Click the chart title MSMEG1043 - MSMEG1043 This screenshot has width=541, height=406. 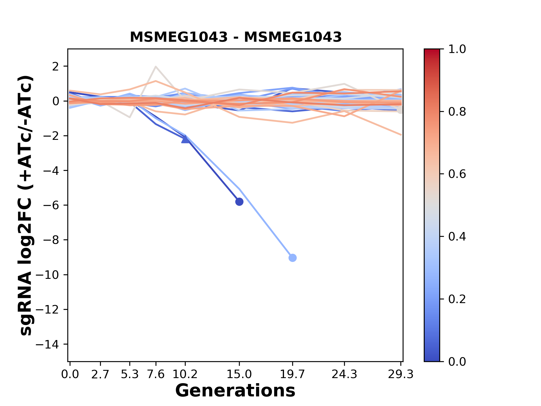click(236, 37)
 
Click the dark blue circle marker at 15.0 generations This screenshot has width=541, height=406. click(239, 202)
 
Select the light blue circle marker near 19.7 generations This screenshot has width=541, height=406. click(292, 258)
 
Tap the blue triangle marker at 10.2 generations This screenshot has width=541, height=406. click(185, 139)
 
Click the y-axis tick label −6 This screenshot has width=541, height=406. click(51, 205)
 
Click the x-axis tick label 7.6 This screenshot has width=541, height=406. click(156, 374)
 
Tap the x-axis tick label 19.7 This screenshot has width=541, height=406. click(292, 374)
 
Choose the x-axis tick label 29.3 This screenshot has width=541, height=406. click(401, 374)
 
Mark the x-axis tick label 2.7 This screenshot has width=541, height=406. click(100, 374)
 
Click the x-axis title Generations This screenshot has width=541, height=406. click(235, 391)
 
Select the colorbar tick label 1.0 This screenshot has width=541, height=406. click(457, 49)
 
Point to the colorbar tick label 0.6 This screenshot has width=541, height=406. click(457, 174)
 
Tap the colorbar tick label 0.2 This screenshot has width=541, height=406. click(457, 299)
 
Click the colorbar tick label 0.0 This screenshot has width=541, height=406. click(457, 361)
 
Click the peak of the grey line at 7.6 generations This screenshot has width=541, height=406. click(156, 67)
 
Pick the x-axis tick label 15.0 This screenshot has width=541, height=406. click(239, 374)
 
